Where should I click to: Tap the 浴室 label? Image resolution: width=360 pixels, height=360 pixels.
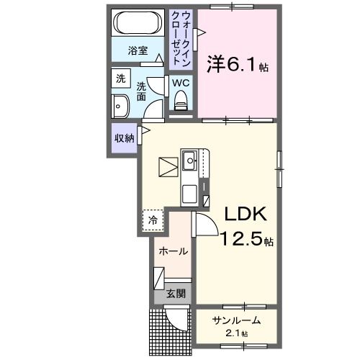(x=138, y=51)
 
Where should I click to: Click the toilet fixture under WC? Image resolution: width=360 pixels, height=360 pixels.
(x=181, y=102)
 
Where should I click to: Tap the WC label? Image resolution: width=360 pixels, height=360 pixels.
(x=181, y=81)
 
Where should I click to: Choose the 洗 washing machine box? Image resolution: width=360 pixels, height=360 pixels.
(x=118, y=78)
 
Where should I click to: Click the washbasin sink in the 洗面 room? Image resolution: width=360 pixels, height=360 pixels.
(x=120, y=107)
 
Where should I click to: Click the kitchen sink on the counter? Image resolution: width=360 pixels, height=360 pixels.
(x=191, y=160)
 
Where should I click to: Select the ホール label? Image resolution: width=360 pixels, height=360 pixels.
(x=174, y=251)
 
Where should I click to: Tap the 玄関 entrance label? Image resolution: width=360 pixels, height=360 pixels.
(x=176, y=293)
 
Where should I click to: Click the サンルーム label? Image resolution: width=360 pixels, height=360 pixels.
(x=235, y=320)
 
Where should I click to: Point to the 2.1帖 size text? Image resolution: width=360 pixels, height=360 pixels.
(x=235, y=333)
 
